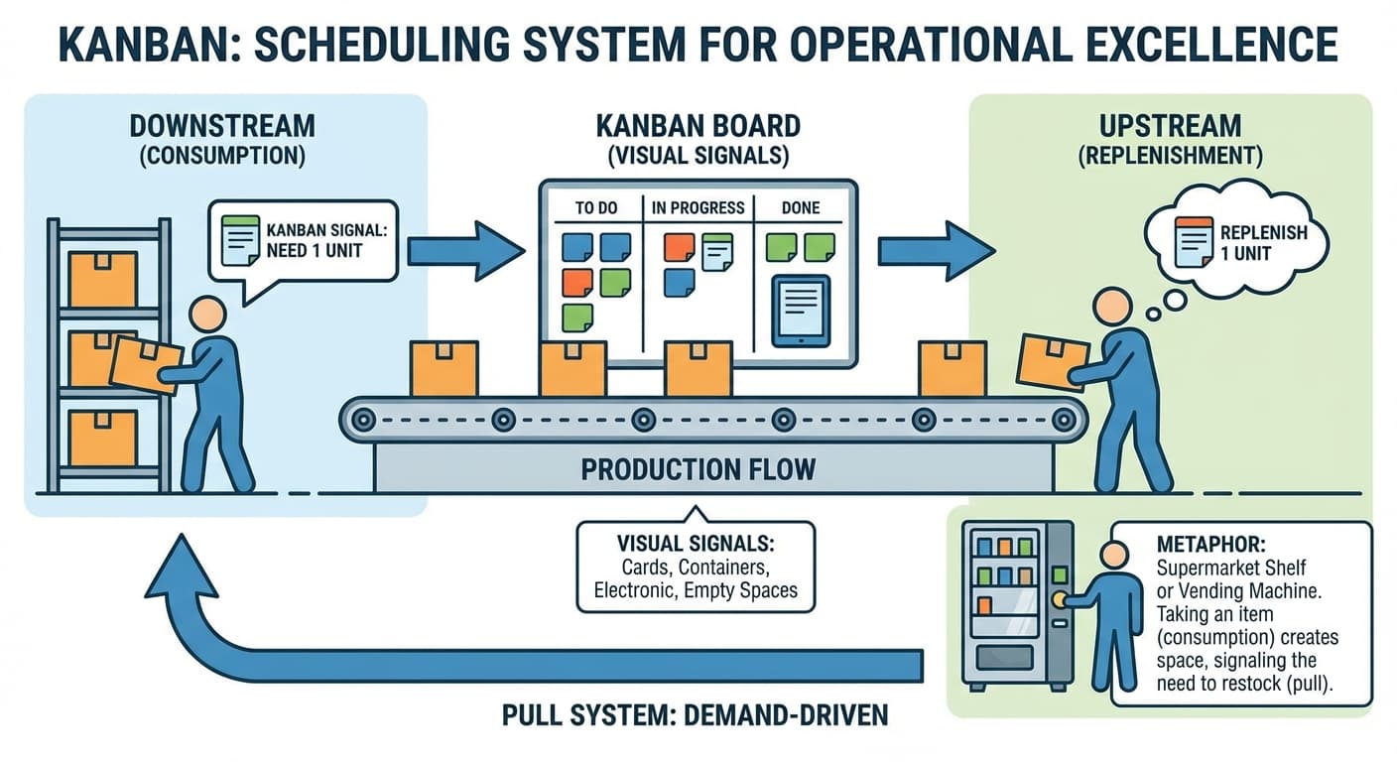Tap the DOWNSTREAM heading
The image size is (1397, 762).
[222, 126]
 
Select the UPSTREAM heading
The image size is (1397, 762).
[1170, 126]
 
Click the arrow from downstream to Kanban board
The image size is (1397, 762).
[464, 251]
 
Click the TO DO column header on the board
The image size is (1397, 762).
[596, 208]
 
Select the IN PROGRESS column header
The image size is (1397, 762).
[698, 208]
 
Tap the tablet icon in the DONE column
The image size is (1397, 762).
[800, 312]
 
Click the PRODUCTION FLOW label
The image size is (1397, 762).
[698, 468]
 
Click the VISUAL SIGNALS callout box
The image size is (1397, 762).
[695, 567]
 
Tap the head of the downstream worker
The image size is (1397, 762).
[208, 315]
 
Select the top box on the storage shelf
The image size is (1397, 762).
[103, 279]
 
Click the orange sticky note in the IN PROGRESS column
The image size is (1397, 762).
[679, 246]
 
